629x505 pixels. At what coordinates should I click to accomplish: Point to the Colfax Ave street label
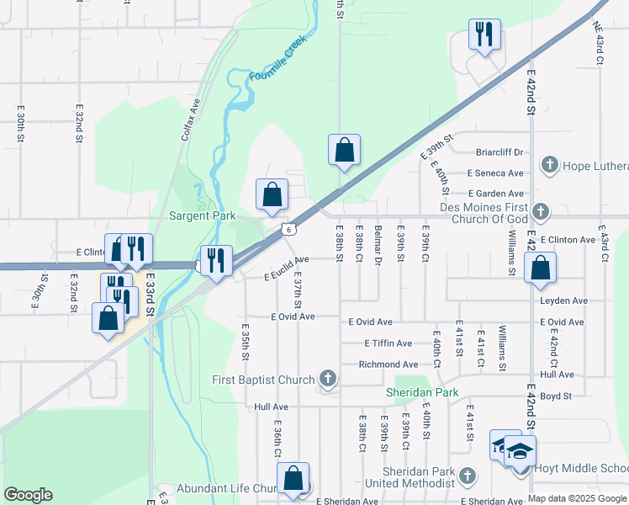[x=190, y=119]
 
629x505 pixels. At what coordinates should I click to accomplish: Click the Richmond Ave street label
[x=388, y=364]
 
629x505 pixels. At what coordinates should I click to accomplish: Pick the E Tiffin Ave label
[x=388, y=343]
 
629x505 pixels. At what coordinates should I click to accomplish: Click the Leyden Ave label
[x=568, y=300]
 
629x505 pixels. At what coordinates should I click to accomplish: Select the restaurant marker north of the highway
[x=484, y=35]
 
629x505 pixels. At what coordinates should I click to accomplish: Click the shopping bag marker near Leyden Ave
[x=540, y=268]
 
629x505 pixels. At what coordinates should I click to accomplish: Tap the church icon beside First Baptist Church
[x=327, y=380]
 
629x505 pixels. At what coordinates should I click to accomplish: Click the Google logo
[x=28, y=495]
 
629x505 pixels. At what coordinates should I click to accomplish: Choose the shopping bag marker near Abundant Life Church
[x=293, y=478]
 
